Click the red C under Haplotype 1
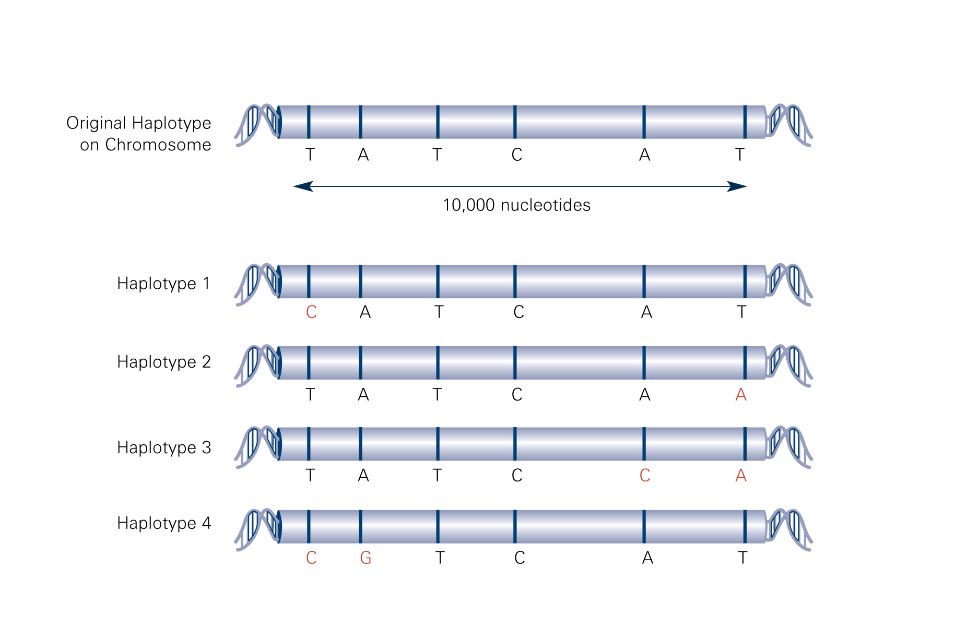311,312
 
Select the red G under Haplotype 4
365,558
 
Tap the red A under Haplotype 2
741,395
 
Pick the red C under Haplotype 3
645,475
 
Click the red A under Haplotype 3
741,476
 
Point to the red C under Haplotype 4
311,558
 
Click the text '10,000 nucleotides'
516,205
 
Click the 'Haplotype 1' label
163,284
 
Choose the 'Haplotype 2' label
164,362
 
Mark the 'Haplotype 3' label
164,447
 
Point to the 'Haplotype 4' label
164,523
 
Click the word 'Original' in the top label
97,123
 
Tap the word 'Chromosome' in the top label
158,145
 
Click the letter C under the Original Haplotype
517,155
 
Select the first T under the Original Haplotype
310,155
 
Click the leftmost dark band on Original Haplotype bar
309,122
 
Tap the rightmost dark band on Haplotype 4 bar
745,527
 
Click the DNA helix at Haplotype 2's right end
789,365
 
